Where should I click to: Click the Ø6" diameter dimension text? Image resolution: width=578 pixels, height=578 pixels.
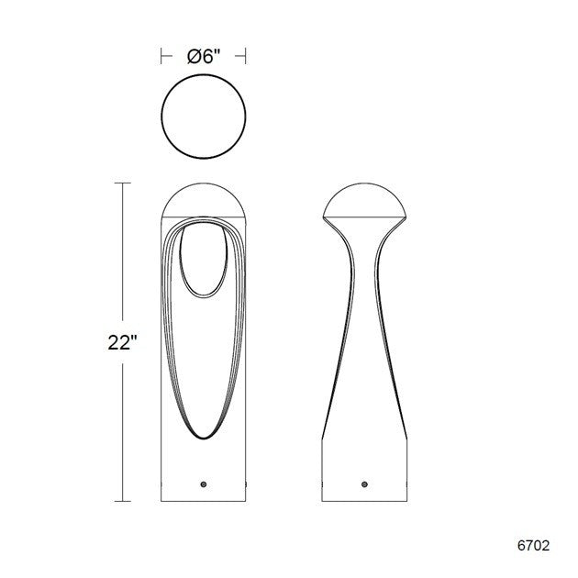[203, 55]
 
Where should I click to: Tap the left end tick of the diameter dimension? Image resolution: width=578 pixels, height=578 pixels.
[161, 55]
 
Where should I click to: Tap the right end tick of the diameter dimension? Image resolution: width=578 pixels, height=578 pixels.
[245, 55]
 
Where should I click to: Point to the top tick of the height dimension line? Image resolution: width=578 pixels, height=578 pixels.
[120, 184]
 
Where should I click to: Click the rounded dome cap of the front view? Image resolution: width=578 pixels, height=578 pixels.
[204, 200]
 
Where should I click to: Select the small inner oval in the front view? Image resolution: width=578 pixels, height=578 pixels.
[204, 261]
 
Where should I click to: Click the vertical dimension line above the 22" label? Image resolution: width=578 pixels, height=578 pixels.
[120, 257]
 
